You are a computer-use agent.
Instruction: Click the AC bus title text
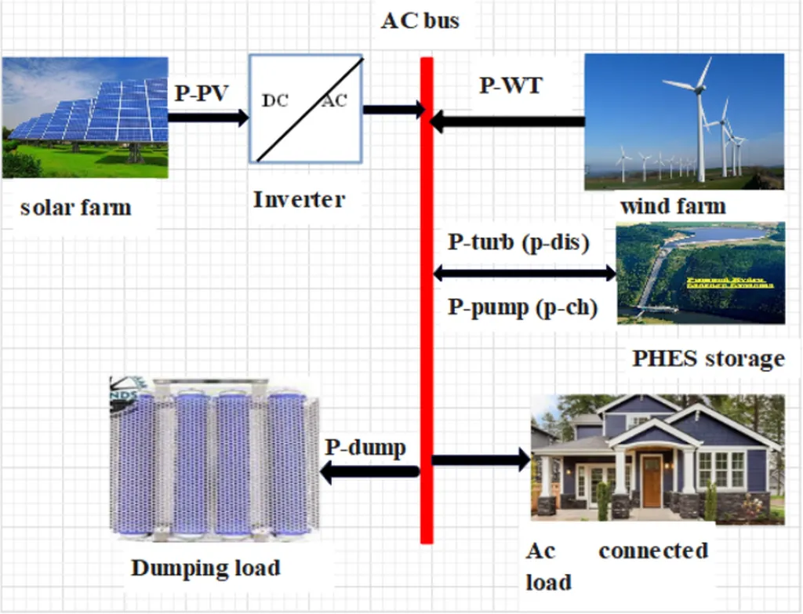(x=420, y=20)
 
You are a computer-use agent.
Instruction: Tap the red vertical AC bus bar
(x=427, y=314)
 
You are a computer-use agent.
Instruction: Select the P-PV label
(x=202, y=93)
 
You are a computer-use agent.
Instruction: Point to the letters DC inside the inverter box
(x=274, y=100)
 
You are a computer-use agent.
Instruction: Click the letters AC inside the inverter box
(x=333, y=100)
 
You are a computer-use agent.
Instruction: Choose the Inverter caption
(x=299, y=199)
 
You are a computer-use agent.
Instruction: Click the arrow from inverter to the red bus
(x=393, y=110)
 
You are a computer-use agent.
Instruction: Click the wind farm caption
(x=672, y=207)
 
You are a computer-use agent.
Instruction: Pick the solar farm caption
(x=75, y=208)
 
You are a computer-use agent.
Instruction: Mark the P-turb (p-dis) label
(x=518, y=242)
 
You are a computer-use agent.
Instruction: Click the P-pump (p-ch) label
(x=523, y=307)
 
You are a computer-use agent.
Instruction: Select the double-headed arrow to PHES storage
(x=525, y=274)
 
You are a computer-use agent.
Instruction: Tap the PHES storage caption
(x=708, y=359)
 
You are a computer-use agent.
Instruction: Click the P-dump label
(x=365, y=448)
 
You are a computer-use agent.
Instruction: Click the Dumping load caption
(x=205, y=567)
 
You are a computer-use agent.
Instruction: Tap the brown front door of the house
(x=651, y=481)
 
